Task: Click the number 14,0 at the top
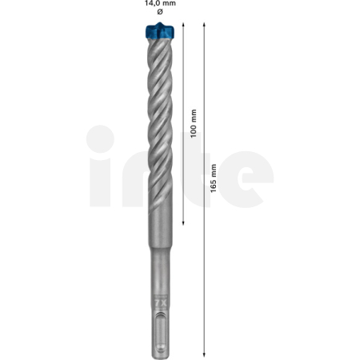151,4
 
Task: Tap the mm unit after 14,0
169,4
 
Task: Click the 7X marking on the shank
158,302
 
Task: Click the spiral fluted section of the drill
158,120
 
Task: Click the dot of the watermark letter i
99,138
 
